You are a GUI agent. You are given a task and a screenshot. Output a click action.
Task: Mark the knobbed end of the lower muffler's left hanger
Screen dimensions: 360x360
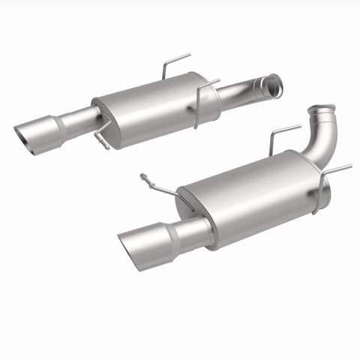(x=142, y=177)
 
